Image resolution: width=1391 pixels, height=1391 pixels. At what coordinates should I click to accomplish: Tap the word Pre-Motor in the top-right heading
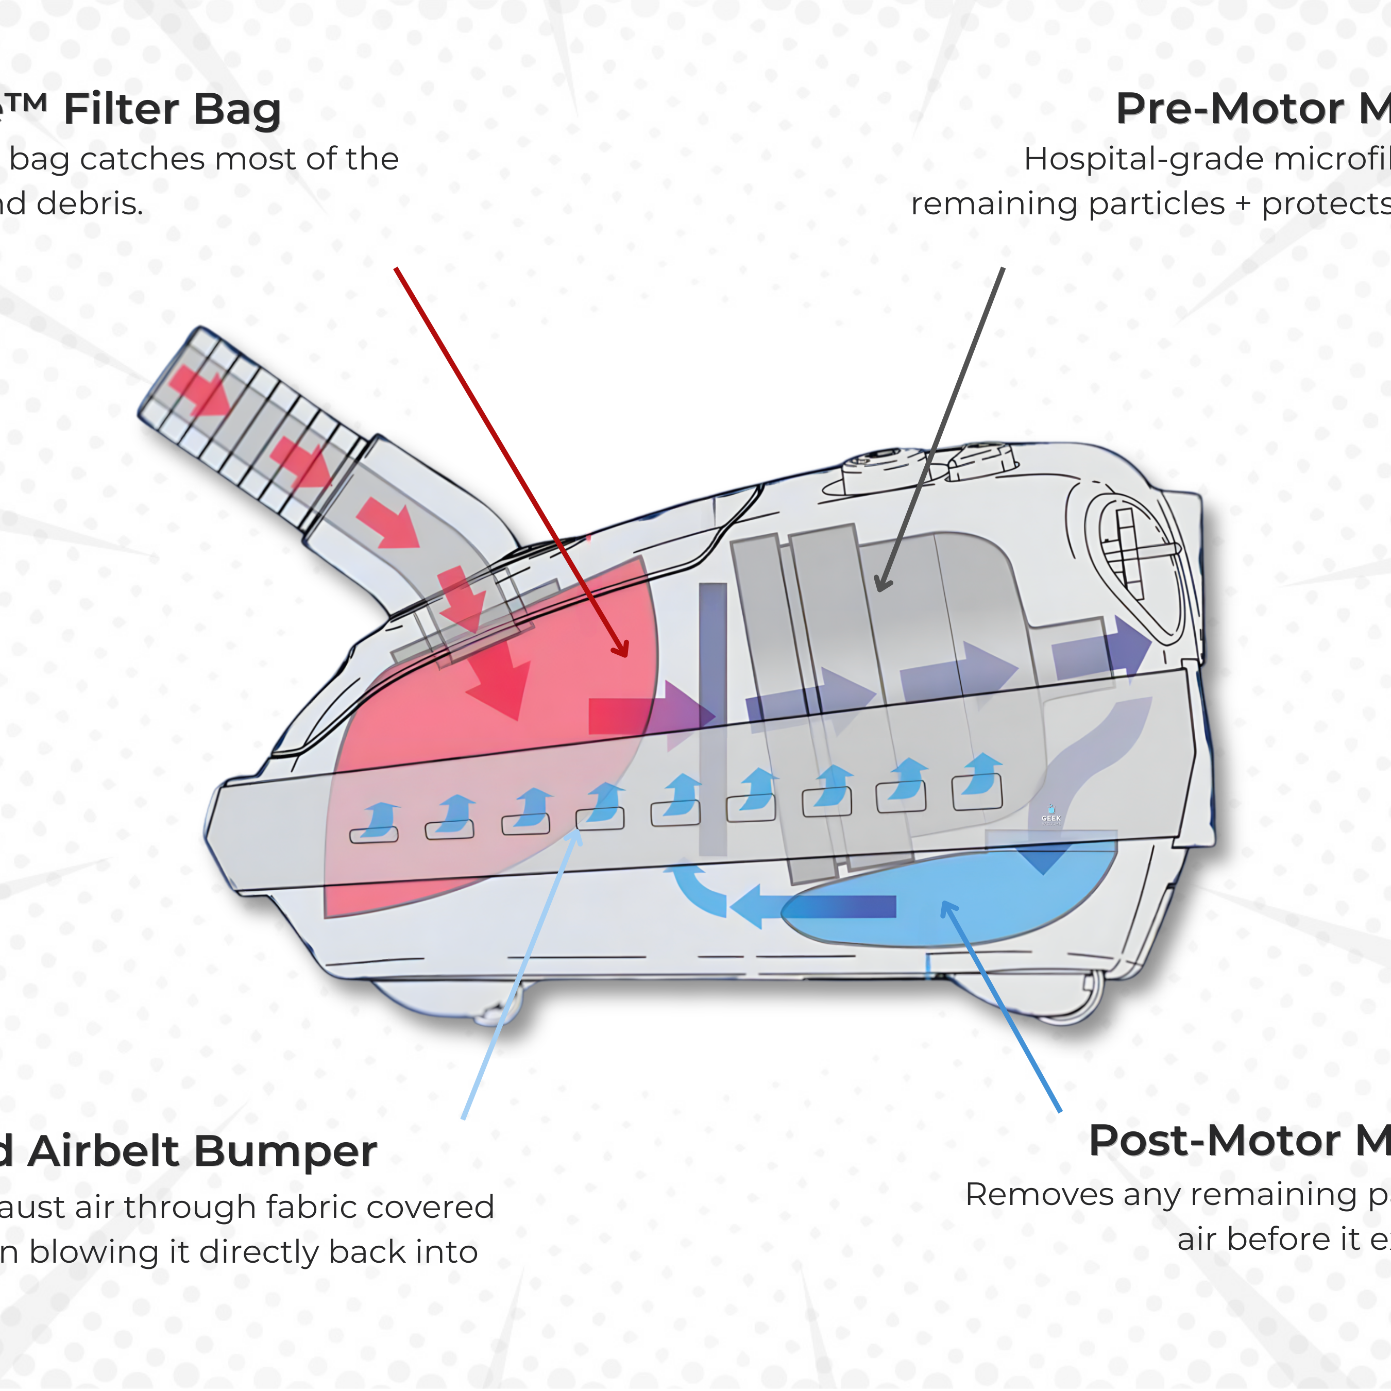point(1230,109)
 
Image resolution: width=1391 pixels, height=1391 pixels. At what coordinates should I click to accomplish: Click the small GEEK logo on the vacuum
point(1050,816)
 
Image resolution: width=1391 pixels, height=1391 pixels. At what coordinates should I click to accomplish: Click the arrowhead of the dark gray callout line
point(884,582)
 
